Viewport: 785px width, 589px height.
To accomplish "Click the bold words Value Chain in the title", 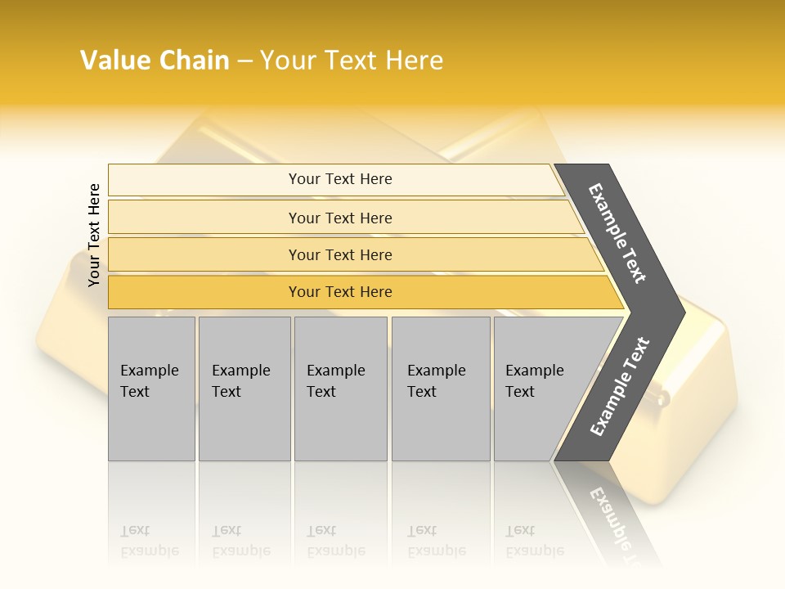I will tap(155, 61).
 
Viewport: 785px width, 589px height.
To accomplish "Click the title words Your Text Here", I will tap(352, 61).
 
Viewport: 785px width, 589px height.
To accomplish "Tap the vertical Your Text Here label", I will tap(94, 235).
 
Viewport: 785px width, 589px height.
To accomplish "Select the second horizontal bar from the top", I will tap(340, 218).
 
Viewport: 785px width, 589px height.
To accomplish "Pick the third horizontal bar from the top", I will tap(340, 254).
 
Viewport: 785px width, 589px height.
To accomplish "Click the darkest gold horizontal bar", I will tap(340, 292).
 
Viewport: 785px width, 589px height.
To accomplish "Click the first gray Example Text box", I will tap(151, 389).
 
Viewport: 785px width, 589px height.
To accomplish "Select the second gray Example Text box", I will tap(244, 389).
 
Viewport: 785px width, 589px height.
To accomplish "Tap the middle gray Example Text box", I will tap(340, 389).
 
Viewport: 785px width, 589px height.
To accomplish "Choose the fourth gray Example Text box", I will tap(440, 389).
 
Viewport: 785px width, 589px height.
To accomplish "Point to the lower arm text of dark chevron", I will tap(620, 386).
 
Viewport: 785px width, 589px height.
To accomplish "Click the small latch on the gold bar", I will tap(660, 398).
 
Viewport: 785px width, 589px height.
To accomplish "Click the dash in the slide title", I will tap(244, 61).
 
